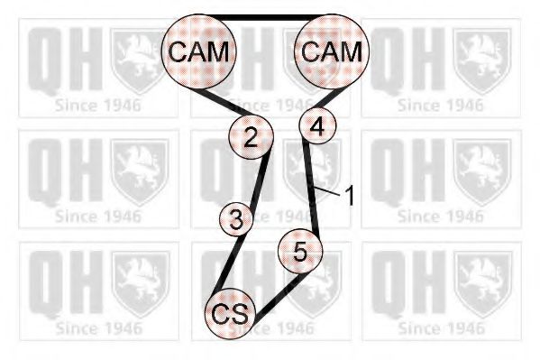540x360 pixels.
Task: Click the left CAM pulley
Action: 199,51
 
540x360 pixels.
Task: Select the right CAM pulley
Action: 332,51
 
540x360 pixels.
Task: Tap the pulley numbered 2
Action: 251,136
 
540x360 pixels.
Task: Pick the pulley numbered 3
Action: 236,219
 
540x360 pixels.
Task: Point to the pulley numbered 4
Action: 317,125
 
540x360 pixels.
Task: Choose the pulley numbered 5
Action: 300,251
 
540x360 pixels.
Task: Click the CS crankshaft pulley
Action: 230,314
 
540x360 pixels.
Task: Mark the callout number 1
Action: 349,195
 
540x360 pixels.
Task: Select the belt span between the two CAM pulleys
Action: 265,17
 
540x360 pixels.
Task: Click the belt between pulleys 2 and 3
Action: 260,180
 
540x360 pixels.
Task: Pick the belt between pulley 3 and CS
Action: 231,263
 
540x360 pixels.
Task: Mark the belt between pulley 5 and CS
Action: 279,296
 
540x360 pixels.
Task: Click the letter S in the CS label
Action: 240,314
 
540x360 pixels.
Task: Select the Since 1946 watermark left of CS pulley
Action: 98,328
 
